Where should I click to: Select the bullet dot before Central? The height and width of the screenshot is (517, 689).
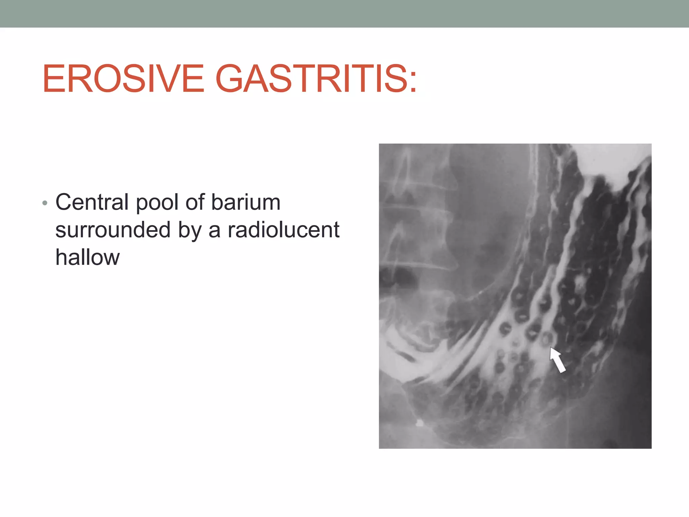tap(45, 203)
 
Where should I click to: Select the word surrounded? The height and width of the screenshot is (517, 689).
tap(113, 230)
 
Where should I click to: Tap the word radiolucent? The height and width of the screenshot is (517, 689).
tap(283, 230)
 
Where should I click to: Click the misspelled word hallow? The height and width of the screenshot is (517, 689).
tap(87, 257)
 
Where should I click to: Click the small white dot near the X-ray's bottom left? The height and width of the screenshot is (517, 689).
tap(419, 423)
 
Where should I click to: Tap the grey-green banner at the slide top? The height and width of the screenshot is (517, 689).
tap(344, 13)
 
